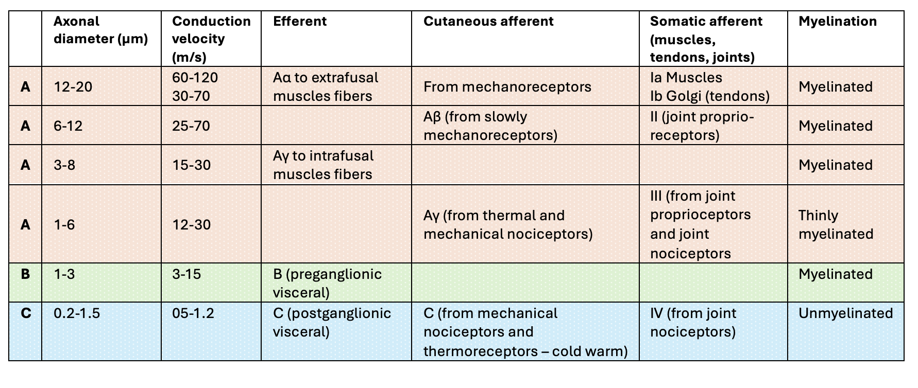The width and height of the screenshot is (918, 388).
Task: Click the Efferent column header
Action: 299,22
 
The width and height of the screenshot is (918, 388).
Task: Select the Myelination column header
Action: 837,22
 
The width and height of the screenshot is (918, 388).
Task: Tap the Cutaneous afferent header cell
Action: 488,22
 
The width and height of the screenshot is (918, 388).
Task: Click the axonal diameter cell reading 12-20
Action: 73,86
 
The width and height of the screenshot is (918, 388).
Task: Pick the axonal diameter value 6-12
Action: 68,126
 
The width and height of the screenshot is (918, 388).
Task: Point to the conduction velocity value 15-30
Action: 191,165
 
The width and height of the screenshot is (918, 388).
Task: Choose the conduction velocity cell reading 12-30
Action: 191,224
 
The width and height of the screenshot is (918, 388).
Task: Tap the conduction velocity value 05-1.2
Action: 193,313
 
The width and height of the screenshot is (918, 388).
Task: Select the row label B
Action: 25,274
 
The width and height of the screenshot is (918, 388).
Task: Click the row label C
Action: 25,313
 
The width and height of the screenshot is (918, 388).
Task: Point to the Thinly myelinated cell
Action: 836,224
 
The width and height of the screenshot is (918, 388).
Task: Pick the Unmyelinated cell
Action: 845,313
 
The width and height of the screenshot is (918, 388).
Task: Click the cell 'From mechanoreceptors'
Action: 507,86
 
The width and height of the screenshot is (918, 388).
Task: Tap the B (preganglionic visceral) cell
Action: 327,283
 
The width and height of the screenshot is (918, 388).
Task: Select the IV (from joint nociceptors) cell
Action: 693,322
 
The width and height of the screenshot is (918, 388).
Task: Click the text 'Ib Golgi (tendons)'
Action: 709,96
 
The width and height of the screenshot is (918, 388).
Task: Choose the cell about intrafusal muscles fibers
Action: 323,165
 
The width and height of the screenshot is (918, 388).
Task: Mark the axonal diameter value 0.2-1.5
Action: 76,313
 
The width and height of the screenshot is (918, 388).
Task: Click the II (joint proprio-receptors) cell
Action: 702,126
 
